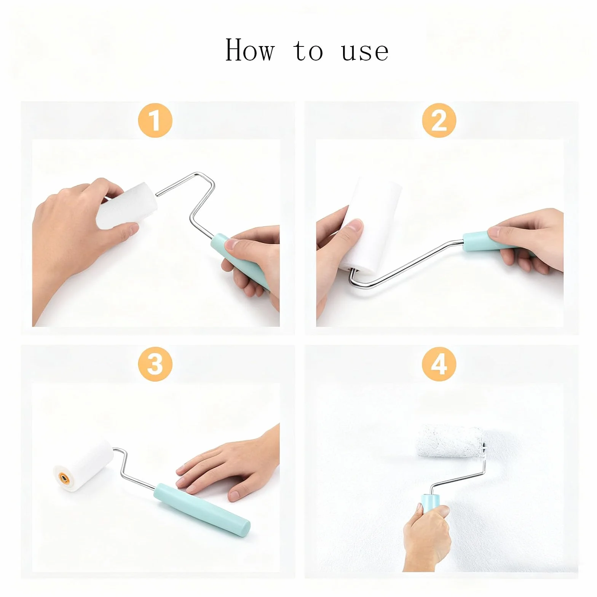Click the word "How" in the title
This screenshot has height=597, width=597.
250,50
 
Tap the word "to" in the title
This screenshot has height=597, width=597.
308,51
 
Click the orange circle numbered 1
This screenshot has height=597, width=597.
155,120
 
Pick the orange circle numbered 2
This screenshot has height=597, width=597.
439,120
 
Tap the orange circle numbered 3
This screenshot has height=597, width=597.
155,364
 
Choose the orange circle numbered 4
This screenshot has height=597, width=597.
439,364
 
